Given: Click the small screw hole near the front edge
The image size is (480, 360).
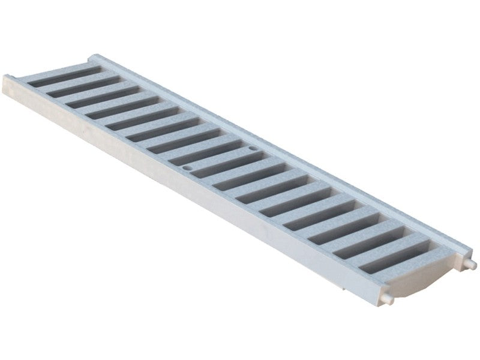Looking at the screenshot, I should pos(187,168).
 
